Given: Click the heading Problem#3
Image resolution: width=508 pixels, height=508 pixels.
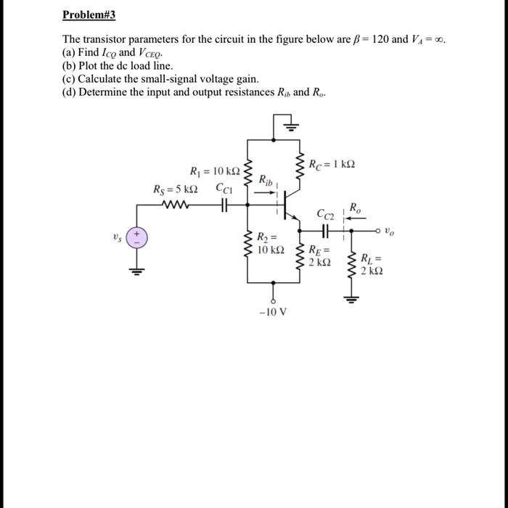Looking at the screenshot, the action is tap(89, 15).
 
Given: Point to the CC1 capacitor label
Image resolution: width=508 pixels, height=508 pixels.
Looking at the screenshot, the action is tap(224, 189).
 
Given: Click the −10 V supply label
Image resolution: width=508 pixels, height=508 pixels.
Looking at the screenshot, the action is tap(274, 313).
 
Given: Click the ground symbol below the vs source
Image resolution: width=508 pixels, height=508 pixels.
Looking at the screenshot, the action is tap(133, 272).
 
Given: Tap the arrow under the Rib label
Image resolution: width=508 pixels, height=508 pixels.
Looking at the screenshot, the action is tap(266, 192).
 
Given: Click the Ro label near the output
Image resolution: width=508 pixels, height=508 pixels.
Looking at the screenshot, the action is tap(353, 208).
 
